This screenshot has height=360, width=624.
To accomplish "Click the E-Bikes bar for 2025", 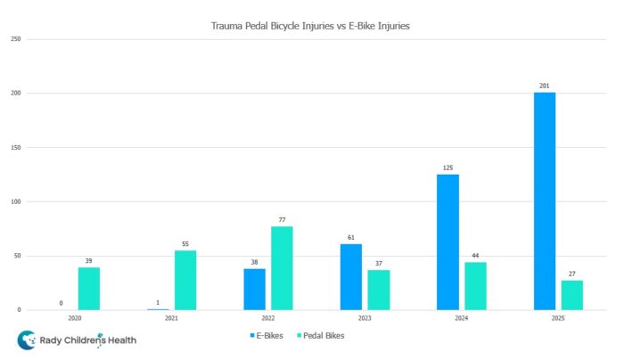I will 545,201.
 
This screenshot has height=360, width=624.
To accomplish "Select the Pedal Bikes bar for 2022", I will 282,268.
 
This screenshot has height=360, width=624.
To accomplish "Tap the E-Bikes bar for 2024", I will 447,242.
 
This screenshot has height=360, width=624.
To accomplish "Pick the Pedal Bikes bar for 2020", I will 89,289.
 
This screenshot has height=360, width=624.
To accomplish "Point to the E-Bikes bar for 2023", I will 350,277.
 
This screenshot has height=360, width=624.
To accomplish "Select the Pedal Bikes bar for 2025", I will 572,295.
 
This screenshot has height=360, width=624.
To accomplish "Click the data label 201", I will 544,86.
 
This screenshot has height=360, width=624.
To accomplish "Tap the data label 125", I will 447,168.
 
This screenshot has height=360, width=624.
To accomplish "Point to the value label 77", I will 282,219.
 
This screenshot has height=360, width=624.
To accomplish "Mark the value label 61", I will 350,237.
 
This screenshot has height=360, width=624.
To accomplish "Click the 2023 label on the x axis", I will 365,318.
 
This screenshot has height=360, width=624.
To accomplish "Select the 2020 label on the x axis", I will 75,318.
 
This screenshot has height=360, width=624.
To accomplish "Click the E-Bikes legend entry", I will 265,336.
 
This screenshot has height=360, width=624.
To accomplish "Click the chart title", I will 311,26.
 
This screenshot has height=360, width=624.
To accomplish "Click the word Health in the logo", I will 119,340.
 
